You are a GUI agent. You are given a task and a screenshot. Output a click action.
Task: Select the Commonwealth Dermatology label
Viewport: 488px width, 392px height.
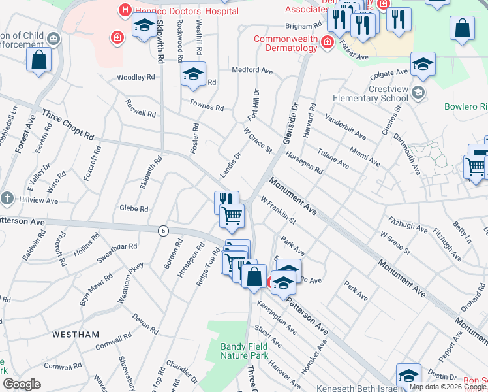pyautogui.click(x=286, y=43)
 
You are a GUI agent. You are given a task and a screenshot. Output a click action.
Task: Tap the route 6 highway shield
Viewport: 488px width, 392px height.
pyautogui.click(x=163, y=230)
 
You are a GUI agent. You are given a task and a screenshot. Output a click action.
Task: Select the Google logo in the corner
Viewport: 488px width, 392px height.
pyautogui.click(x=22, y=384)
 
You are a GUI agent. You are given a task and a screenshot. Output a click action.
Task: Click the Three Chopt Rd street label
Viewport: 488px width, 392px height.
pyautogui.click(x=68, y=124)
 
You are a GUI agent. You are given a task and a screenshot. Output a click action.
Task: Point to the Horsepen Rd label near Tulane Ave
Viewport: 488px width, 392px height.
pyautogui.click(x=303, y=163)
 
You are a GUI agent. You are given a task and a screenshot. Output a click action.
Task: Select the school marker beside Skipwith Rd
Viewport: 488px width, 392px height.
pyautogui.click(x=144, y=27)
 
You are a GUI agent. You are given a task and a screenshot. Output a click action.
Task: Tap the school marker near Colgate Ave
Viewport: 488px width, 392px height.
pyautogui.click(x=423, y=64)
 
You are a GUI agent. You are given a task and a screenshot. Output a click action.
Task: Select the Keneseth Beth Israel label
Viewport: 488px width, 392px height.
pyautogui.click(x=356, y=388)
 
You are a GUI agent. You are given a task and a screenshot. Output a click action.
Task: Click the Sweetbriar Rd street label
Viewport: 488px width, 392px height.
pyautogui.click(x=119, y=247)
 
